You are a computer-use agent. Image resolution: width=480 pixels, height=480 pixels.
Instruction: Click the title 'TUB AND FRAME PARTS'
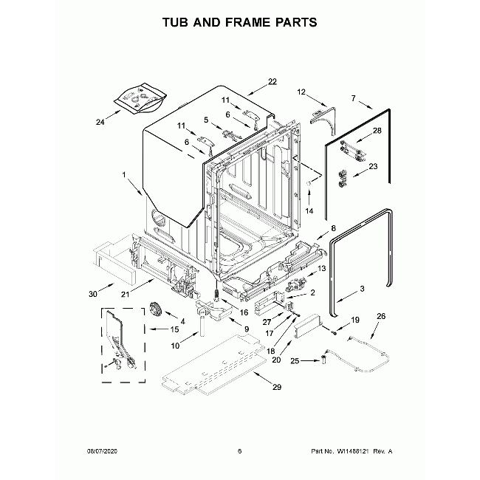pos(240,22)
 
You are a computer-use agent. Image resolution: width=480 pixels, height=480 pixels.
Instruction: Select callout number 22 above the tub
pos(272,81)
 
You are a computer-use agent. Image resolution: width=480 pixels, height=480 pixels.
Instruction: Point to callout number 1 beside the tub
pos(125,175)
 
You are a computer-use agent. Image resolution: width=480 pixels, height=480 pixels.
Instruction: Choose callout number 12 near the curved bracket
pos(301,92)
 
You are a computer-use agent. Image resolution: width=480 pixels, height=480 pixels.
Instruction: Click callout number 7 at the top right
pos(354,98)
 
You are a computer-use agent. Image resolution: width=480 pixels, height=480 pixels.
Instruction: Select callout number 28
pos(377,131)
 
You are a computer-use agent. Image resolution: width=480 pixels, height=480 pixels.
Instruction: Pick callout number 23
pos(373,167)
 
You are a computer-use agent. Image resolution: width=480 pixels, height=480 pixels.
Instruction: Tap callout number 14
pos(309,211)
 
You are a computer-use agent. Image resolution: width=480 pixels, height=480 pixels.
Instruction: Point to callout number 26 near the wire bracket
pos(381,317)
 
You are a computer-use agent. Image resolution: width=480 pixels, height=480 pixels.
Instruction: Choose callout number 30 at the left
pos(93,294)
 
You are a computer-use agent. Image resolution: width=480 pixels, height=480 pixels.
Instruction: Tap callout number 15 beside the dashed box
pos(175,329)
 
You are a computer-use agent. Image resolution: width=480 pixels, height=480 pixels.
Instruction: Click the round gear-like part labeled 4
pos(156,309)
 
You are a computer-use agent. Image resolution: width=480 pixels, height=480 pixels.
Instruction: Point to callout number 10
pos(174,346)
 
